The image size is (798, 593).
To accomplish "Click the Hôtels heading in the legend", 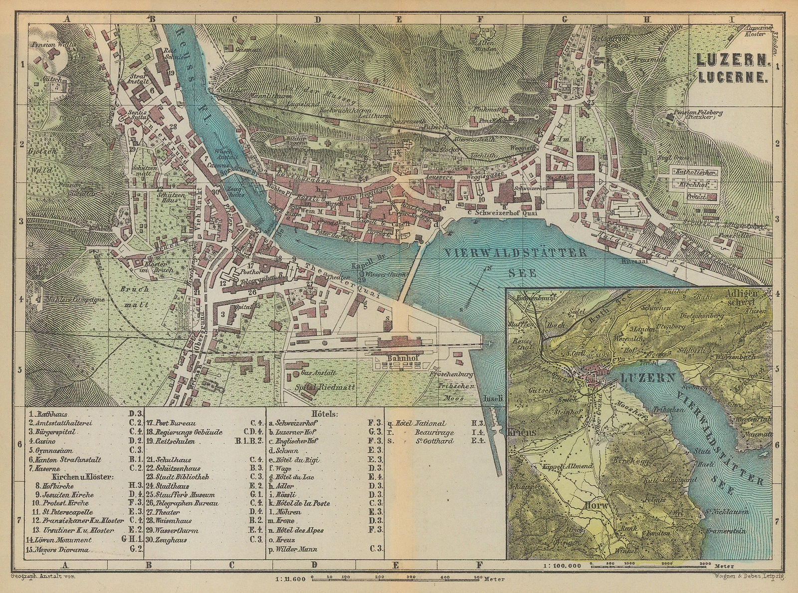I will [x=324, y=414].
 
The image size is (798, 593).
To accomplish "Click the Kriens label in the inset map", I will [x=522, y=433].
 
